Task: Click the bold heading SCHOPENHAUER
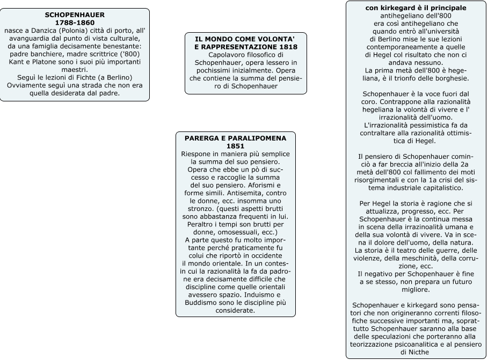click(75, 15)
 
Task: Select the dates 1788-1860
click(75, 23)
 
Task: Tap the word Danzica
click(41, 31)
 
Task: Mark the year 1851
click(236, 146)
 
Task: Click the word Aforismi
click(273, 185)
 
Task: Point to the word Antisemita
click(234, 193)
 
